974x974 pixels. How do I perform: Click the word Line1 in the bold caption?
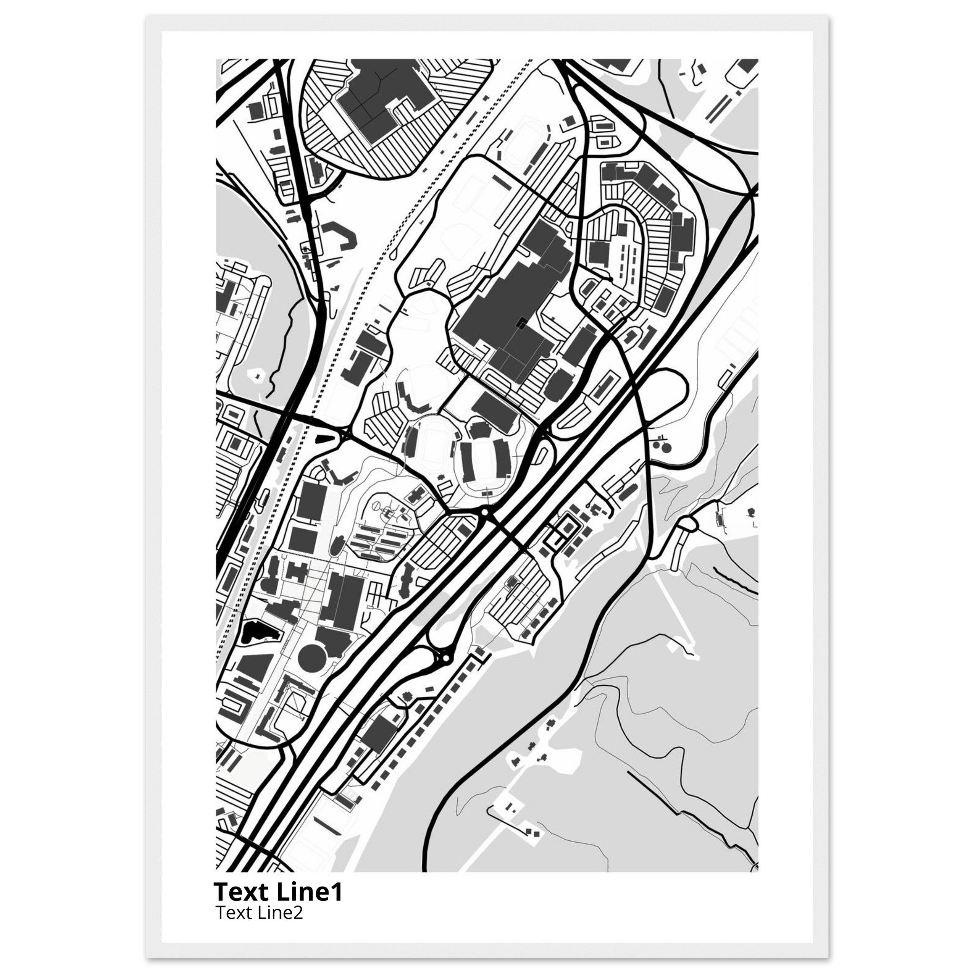[310, 892]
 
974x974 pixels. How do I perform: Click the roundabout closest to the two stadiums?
[485, 513]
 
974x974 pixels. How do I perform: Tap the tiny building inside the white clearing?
[259, 376]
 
